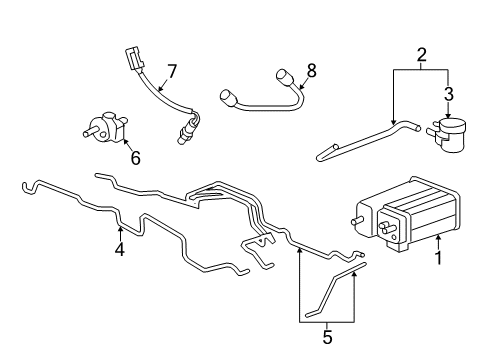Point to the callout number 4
[119, 250]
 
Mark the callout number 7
[171, 71]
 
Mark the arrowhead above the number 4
[119, 231]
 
